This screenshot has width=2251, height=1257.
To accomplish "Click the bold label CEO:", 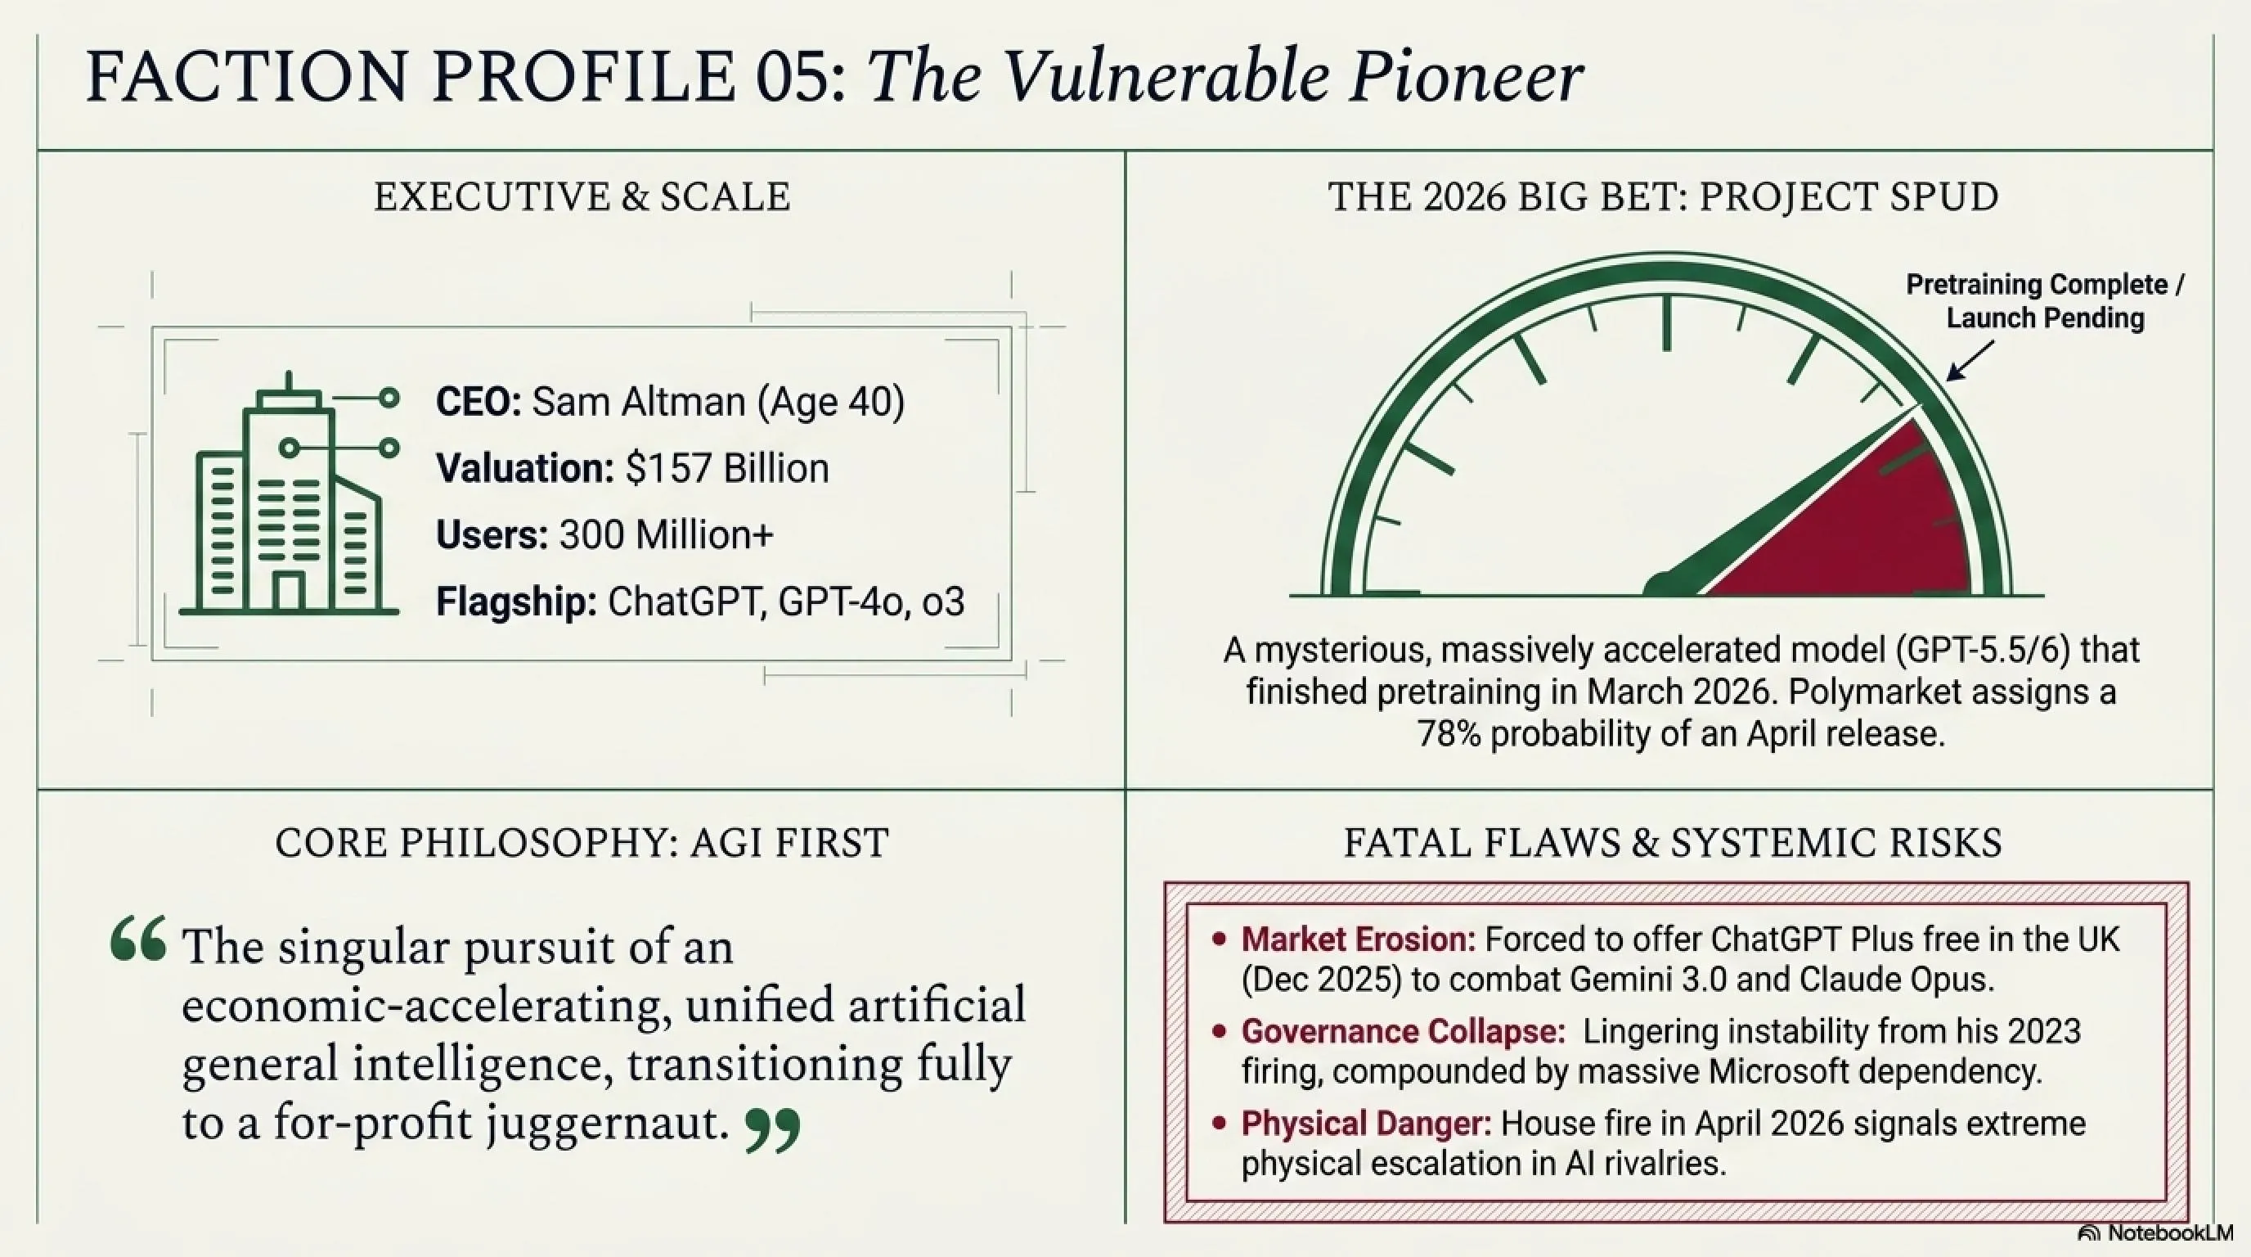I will (478, 402).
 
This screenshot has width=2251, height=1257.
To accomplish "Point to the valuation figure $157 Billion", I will (727, 469).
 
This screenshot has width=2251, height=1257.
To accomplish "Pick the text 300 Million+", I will (666, 535).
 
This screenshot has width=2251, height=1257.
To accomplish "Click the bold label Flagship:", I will (515, 601).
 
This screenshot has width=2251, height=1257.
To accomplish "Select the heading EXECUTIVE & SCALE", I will (582, 196).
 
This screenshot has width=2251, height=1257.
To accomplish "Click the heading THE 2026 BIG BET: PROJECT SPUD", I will (1663, 196).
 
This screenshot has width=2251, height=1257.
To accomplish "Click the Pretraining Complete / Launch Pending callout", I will (2045, 300).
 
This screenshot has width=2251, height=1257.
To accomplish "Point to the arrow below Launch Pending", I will (1970, 360).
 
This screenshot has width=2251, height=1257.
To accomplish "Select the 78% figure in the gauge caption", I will (1448, 733).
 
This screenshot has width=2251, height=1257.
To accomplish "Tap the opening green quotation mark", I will (138, 939).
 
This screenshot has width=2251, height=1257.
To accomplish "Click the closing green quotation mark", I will (772, 1130).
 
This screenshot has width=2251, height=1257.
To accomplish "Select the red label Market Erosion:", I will (1357, 939).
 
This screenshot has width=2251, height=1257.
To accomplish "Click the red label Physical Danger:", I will (1366, 1124).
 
